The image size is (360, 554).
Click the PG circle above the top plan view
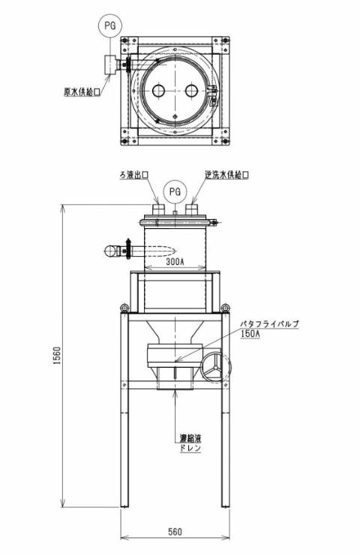tap(110, 26)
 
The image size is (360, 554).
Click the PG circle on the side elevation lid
tap(175, 192)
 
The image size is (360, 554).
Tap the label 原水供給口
tap(82, 92)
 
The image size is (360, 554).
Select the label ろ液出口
tap(133, 174)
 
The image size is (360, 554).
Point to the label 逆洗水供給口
tap(227, 175)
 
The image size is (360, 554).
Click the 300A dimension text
tap(175, 261)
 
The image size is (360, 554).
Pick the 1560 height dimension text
tap(57, 355)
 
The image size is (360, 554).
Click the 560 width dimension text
tap(175, 531)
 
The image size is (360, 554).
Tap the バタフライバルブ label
tap(270, 324)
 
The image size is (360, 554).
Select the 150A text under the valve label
tap(250, 333)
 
